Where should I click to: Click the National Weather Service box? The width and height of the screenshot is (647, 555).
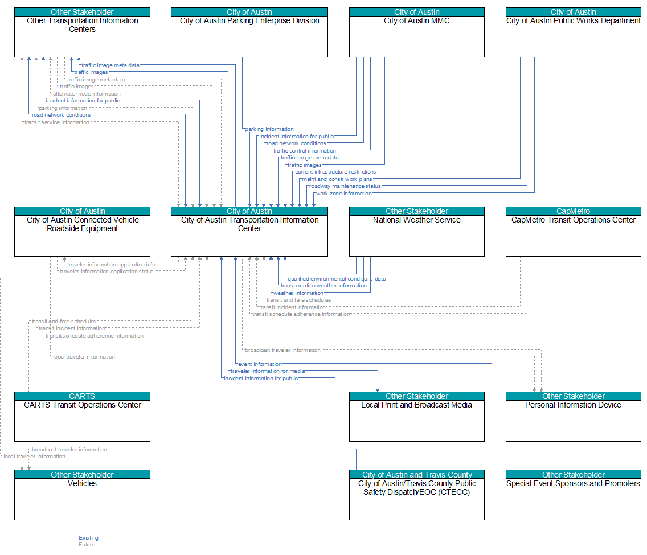417,232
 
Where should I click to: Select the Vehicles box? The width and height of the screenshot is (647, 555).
82,495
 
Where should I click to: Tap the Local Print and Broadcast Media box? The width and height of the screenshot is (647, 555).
417,417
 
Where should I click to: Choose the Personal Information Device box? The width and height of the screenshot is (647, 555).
573,417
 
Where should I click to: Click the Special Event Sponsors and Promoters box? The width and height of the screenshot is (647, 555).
573,495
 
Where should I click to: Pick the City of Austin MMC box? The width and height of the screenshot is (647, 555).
417,32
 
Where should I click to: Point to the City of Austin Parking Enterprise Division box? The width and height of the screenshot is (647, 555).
249,32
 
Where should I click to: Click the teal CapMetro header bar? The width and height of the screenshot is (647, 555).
573,211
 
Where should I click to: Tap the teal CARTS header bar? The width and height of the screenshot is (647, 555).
82,396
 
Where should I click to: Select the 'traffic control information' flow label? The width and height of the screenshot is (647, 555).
305,151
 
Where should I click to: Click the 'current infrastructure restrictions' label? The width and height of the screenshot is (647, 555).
335,172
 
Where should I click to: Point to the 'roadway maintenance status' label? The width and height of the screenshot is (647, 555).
345,186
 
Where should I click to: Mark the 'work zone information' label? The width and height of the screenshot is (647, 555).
344,194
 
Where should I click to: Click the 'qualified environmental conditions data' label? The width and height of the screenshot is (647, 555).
337,279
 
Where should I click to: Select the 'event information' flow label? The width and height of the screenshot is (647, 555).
260,364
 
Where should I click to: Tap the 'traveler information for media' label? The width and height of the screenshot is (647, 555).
268,371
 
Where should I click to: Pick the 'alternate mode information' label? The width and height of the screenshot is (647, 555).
87,94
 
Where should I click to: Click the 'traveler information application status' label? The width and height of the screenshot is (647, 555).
107,272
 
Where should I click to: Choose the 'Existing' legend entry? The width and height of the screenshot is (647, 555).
89,538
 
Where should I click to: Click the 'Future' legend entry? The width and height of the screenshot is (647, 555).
87,545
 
